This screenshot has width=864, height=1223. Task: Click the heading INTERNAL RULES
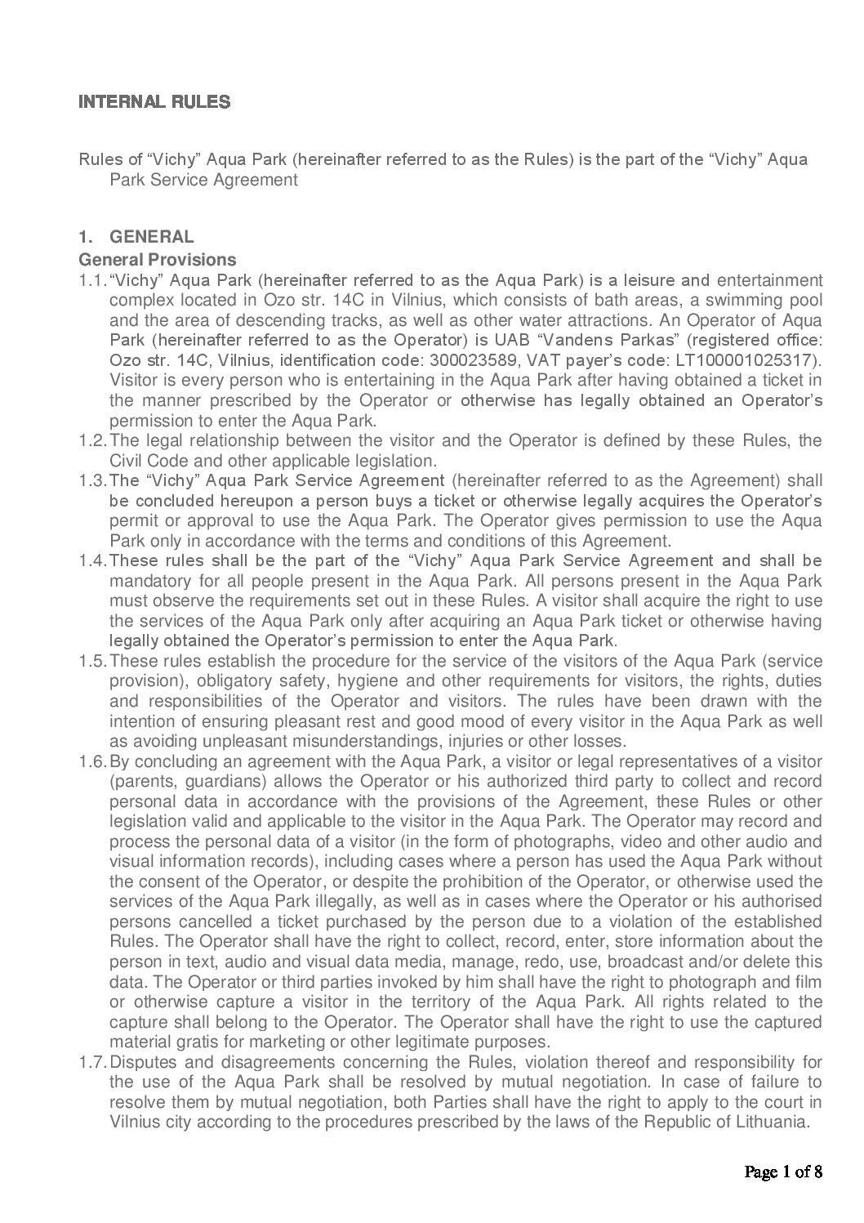[x=154, y=102]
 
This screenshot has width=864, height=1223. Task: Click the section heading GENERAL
[x=152, y=237]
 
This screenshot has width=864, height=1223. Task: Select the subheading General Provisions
[x=157, y=260]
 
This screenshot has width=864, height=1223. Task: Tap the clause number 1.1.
[x=92, y=280]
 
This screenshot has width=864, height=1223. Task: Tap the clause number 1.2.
[x=92, y=441]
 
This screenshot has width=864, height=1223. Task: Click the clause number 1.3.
[x=92, y=481]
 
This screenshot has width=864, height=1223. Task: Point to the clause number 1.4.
[x=92, y=561]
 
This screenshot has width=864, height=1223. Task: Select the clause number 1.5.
[x=92, y=661]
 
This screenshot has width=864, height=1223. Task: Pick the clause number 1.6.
[x=92, y=761]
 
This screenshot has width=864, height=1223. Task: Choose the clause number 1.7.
[x=92, y=1062]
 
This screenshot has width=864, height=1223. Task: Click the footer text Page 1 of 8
[x=782, y=1172]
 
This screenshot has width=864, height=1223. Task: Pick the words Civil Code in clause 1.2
[x=145, y=461]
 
